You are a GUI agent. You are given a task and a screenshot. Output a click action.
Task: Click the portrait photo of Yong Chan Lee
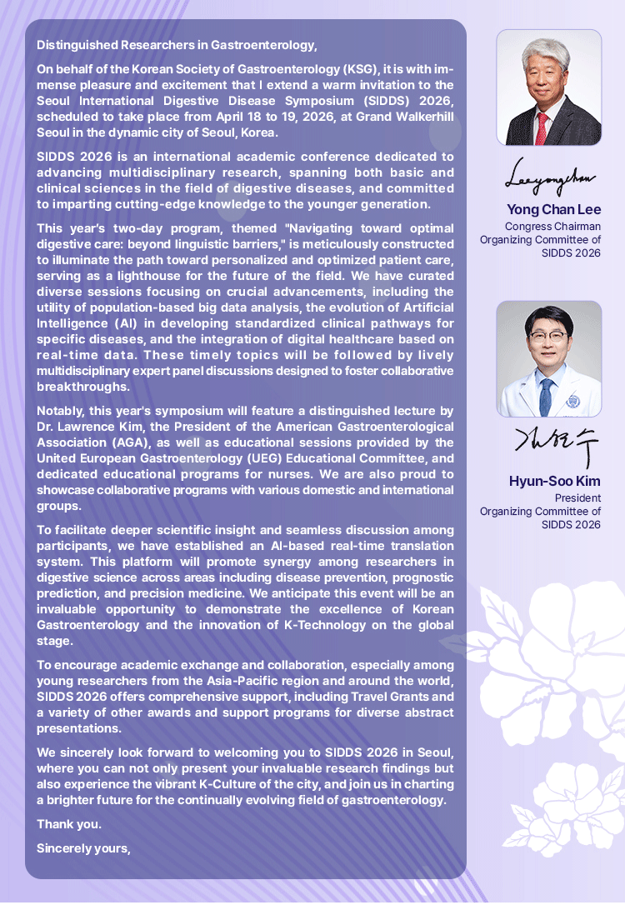pos(548,87)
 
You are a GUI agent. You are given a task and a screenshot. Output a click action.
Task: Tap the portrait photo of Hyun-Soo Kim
pos(548,359)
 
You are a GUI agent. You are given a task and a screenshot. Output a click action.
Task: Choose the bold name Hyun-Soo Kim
pos(554,481)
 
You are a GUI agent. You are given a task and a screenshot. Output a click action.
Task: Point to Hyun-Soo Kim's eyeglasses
pos(547,338)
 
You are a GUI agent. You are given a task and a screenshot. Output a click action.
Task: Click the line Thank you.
pos(69,825)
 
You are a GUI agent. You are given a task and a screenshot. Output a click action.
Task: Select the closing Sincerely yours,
pos(84,848)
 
